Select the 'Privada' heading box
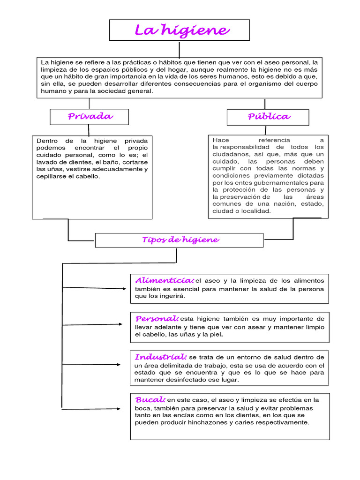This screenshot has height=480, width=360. pyautogui.click(x=90, y=116)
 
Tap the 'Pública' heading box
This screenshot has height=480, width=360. pyautogui.click(x=268, y=117)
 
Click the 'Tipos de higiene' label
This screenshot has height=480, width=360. pyautogui.click(x=180, y=240)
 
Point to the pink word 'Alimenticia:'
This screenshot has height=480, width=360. pyautogui.click(x=164, y=280)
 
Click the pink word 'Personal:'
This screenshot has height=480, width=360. pyautogui.click(x=157, y=319)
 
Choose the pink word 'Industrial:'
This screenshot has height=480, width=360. pyautogui.click(x=161, y=357)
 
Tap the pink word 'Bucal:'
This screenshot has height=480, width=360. pyautogui.click(x=150, y=400)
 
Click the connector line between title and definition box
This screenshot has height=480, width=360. pyautogui.click(x=179, y=49)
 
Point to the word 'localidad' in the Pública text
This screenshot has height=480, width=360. pyautogui.click(x=255, y=211)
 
